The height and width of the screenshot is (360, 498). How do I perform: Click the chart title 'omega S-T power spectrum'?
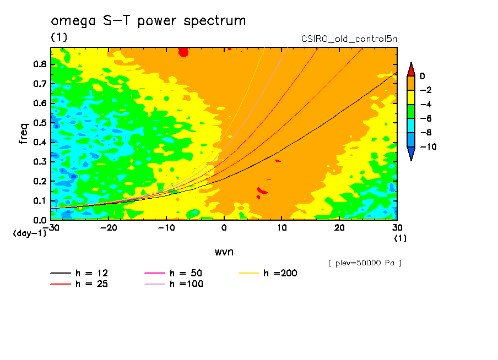[x=148, y=21]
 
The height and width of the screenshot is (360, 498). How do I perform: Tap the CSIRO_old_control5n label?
[x=349, y=39]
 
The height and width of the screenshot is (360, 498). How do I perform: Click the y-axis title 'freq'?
[x=24, y=134]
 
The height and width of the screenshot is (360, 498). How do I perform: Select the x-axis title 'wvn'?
[x=224, y=252]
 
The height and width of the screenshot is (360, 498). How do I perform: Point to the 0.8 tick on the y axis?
[x=39, y=64]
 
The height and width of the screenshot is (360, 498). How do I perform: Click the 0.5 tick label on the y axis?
[x=39, y=123]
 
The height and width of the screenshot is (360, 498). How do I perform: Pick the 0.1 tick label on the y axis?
[x=39, y=201]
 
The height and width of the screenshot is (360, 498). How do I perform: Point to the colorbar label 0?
[x=422, y=76]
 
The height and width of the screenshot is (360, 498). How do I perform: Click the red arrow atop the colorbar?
[x=410, y=69]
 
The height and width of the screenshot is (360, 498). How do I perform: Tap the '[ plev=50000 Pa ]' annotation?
[x=365, y=263]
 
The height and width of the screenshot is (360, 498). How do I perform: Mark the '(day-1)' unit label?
[x=29, y=233]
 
